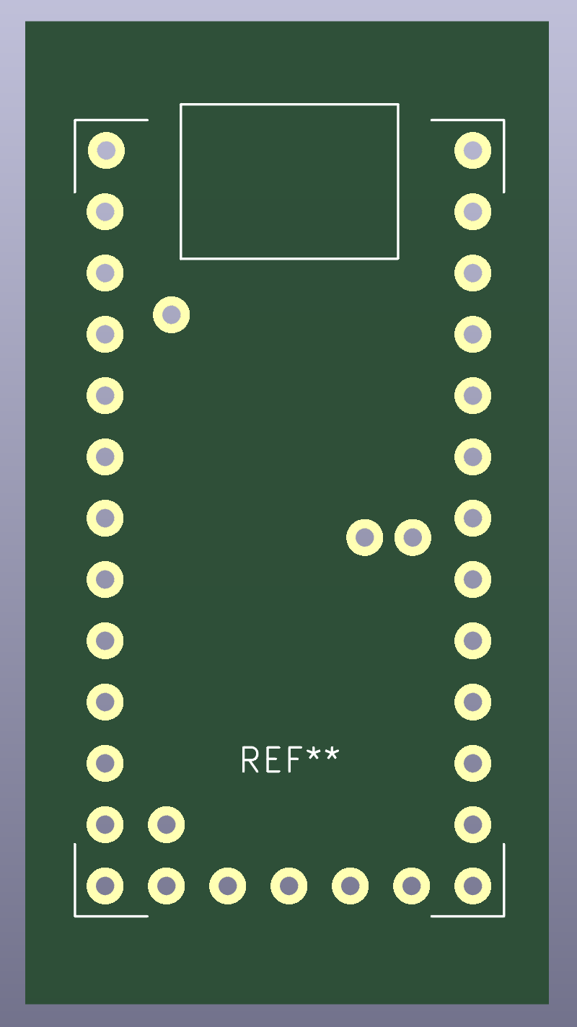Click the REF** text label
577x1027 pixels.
(x=289, y=760)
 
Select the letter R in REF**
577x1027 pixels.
(x=250, y=760)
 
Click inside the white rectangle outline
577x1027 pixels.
(x=289, y=181)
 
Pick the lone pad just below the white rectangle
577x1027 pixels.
(x=172, y=314)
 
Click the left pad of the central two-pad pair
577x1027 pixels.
(x=364, y=537)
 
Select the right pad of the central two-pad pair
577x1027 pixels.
(x=413, y=537)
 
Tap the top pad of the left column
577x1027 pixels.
(x=106, y=151)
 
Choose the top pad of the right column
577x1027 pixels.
(x=472, y=151)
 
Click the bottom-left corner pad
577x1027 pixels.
(x=105, y=885)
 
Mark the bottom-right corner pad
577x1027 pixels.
(x=472, y=885)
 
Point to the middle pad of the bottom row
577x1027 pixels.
(x=288, y=885)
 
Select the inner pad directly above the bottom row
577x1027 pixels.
(x=167, y=824)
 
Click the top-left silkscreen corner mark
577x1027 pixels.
(x=76, y=121)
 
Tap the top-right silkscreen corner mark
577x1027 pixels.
(x=502, y=121)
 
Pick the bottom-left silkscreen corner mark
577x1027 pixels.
(x=76, y=914)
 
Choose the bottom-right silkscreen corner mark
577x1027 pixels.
(x=502, y=914)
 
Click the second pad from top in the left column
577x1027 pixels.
(x=105, y=212)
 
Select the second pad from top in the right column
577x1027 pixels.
(x=472, y=212)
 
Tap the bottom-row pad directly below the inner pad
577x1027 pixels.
(x=167, y=885)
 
